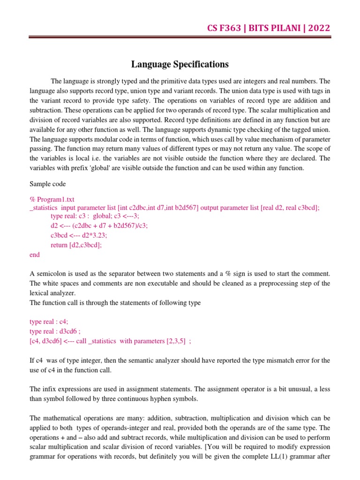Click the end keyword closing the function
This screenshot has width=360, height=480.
click(x=35, y=255)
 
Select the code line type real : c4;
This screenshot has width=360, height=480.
click(x=49, y=322)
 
